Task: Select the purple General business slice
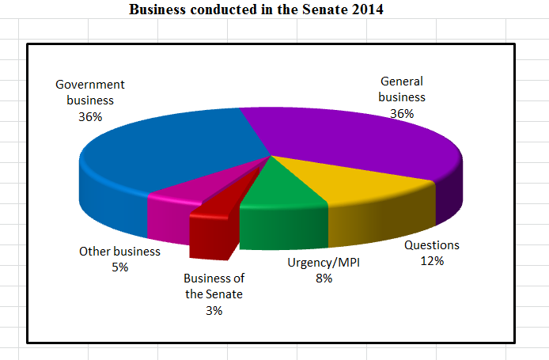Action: (x=348, y=135)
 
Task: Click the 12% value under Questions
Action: (x=432, y=261)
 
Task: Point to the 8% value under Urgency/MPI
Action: (x=323, y=278)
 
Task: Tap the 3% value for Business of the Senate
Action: (x=214, y=311)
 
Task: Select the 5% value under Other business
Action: (x=119, y=267)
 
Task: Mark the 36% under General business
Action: (x=402, y=113)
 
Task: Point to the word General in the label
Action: (x=402, y=81)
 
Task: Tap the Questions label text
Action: (x=432, y=244)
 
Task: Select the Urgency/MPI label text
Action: (x=323, y=262)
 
